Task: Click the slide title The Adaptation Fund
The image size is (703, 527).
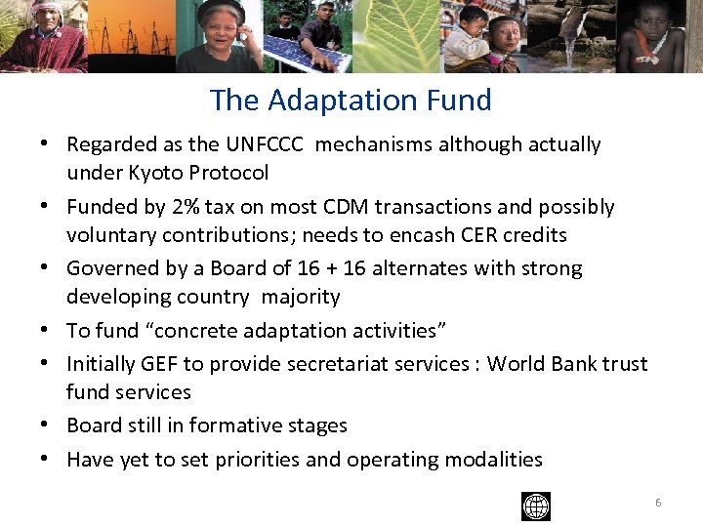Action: click(x=351, y=100)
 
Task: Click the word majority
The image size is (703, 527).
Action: click(x=298, y=297)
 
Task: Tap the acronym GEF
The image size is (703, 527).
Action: click(x=155, y=364)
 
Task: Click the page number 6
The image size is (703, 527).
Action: click(x=658, y=503)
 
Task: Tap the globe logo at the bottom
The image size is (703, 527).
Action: click(x=536, y=507)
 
